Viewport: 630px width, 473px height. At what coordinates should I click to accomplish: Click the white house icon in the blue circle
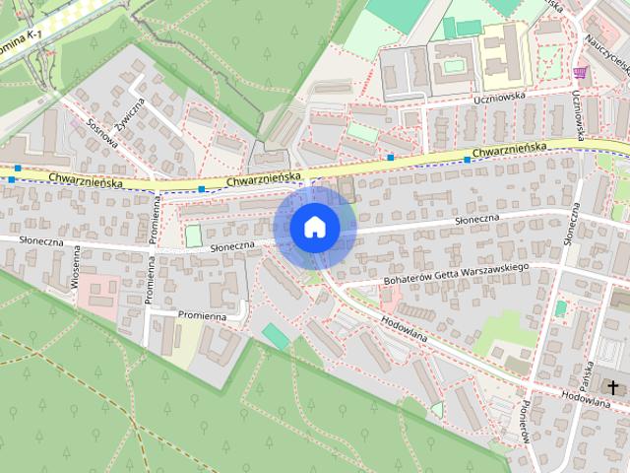[315, 227]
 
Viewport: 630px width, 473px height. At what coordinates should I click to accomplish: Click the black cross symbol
[613, 388]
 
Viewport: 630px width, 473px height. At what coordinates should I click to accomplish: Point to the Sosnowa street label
[102, 135]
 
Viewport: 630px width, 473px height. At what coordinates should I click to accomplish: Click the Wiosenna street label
[75, 267]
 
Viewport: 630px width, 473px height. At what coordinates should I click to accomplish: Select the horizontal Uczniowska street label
[497, 97]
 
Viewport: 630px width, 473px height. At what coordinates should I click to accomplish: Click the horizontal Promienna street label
[202, 316]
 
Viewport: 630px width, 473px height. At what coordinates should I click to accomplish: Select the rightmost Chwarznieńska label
[508, 151]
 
